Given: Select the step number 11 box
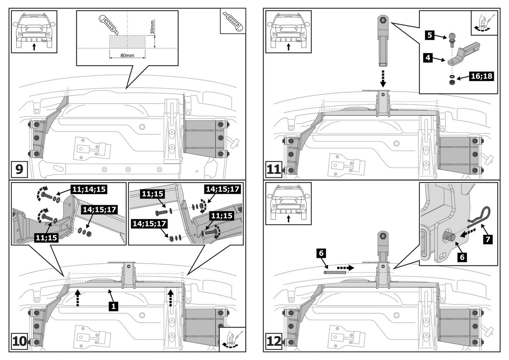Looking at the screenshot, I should click(x=274, y=170).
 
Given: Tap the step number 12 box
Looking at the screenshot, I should click(x=274, y=341).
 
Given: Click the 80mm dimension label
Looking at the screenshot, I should click(x=127, y=55).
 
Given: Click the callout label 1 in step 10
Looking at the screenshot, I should click(x=112, y=305).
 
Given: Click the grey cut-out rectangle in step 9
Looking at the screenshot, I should click(x=127, y=41).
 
